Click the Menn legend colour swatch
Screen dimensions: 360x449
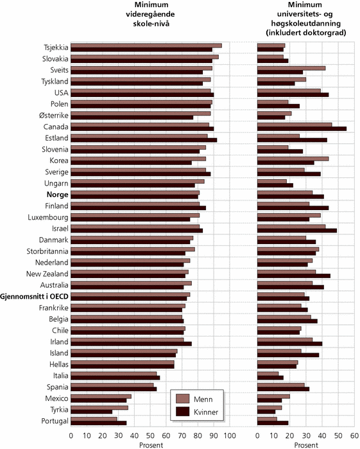tap(183, 399)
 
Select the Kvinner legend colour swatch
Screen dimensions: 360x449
tap(183, 412)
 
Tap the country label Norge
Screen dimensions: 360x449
tap(58, 195)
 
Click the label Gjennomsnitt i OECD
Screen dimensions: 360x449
tap(35, 296)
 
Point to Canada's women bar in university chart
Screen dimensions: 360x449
tap(302, 129)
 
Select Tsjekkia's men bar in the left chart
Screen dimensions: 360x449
tap(146, 46)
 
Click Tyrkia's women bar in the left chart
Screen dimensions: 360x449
tap(92, 412)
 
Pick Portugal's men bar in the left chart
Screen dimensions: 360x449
tap(94, 419)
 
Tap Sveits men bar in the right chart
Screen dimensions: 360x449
tap(291, 68)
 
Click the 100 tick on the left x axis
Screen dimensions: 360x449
tap(230, 436)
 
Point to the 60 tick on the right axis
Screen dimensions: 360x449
tap(355, 436)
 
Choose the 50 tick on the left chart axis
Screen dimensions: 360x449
tap(150, 436)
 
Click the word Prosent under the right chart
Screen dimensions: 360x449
tap(306, 445)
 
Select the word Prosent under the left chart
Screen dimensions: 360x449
tap(151, 445)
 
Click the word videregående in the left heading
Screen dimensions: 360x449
tap(150, 14)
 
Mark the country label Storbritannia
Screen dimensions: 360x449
tap(47, 251)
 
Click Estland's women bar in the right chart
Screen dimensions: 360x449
tap(292, 140)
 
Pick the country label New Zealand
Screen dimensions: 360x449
tap(47, 274)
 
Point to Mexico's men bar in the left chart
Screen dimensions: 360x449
tap(101, 396)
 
